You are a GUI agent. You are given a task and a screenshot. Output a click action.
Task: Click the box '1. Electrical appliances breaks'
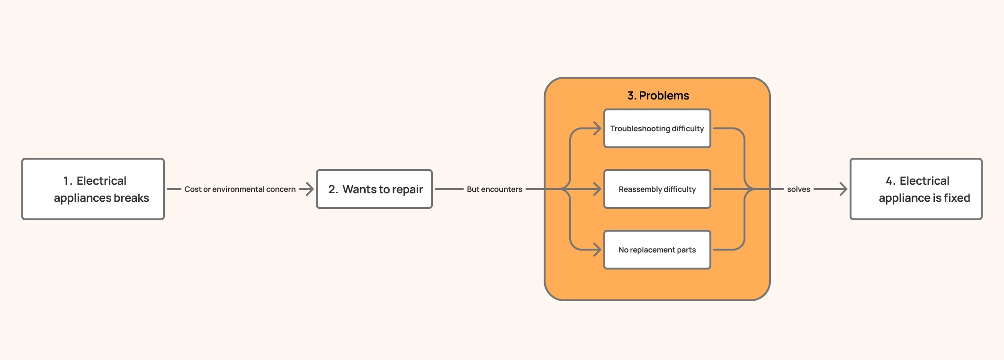[x=93, y=189]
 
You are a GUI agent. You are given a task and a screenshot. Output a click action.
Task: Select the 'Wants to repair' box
[x=374, y=189]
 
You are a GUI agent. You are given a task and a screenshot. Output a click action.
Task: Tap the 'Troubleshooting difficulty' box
[x=657, y=128]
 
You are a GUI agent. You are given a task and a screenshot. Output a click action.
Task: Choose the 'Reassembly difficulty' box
[x=657, y=189]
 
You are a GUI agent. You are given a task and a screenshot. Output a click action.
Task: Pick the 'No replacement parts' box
[x=657, y=250]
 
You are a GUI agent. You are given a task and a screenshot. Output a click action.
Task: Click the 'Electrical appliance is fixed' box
[x=916, y=189]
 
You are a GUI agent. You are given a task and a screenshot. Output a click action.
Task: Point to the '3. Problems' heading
[x=658, y=96]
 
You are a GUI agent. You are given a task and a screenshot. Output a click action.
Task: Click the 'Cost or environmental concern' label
[x=240, y=189]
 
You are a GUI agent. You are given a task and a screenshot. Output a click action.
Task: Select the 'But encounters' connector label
[x=494, y=189]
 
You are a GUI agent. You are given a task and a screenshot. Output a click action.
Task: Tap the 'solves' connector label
[x=798, y=189]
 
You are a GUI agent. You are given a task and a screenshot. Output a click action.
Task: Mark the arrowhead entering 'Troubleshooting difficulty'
[x=597, y=128]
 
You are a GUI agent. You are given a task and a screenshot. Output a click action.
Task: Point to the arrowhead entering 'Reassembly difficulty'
[x=597, y=189]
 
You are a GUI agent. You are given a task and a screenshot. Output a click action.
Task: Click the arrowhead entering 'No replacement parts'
[x=597, y=250]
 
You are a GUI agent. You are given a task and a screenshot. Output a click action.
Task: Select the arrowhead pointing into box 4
[x=843, y=189]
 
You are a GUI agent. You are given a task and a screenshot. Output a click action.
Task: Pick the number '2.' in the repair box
[x=333, y=189]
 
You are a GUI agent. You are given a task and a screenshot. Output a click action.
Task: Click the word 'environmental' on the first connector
[x=238, y=189]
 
